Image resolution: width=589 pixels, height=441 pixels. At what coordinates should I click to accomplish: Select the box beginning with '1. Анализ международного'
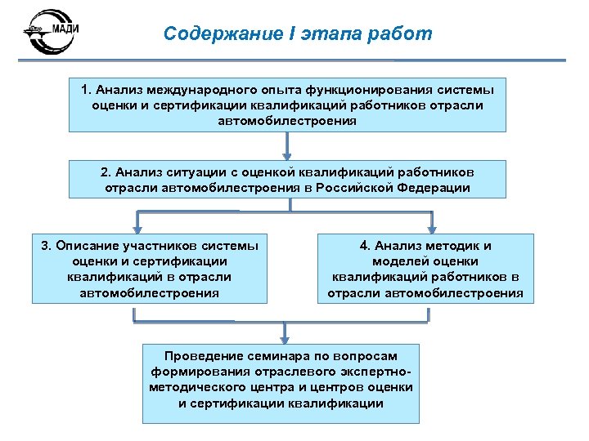point(287,105)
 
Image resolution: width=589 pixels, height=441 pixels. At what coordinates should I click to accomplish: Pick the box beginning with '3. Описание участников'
point(150,268)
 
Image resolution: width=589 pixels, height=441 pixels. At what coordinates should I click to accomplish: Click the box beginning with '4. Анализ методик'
point(425,268)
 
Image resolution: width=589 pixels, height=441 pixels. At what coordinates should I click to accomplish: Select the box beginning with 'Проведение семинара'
point(281,382)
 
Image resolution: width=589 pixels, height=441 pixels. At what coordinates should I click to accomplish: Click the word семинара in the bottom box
point(272,356)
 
